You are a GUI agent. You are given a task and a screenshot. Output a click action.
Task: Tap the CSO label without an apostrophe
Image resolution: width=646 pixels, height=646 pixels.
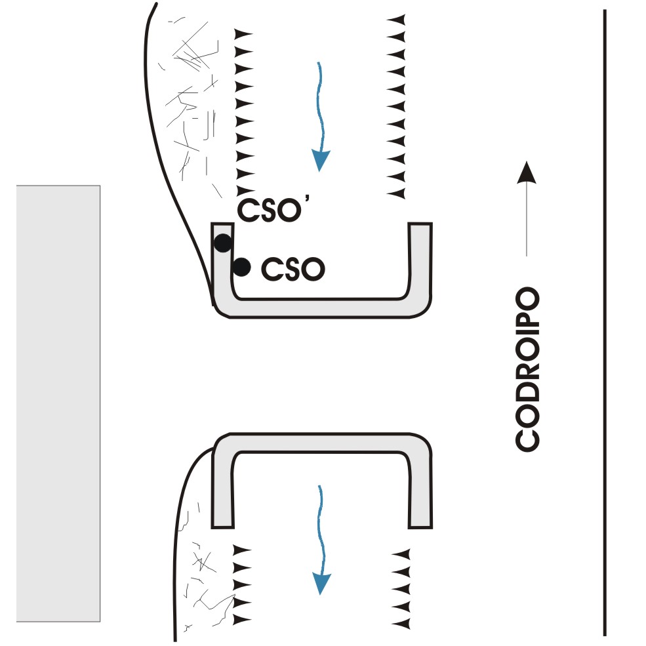coord(293,268)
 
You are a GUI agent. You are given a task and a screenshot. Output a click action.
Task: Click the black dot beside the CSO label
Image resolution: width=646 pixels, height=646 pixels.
coord(242,266)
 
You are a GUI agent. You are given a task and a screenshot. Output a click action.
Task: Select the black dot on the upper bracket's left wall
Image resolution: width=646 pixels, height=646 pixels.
coord(223,243)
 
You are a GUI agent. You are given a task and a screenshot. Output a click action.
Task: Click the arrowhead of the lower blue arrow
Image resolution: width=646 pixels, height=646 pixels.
coord(320,582)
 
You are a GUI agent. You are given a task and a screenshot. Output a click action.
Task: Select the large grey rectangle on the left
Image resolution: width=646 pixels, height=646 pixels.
coord(58,403)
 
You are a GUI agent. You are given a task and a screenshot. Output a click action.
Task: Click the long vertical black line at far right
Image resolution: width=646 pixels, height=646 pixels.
coord(605,321)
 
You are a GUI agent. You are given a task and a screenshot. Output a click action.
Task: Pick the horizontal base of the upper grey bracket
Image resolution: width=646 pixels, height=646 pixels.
coord(321,308)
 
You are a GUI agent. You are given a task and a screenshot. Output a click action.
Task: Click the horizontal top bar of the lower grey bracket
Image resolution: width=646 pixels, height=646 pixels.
coord(321,443)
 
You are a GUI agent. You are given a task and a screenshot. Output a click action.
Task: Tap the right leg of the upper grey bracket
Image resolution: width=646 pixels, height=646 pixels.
coord(420,262)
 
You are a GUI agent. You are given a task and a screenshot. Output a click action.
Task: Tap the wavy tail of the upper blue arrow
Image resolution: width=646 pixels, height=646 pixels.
coord(319,105)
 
